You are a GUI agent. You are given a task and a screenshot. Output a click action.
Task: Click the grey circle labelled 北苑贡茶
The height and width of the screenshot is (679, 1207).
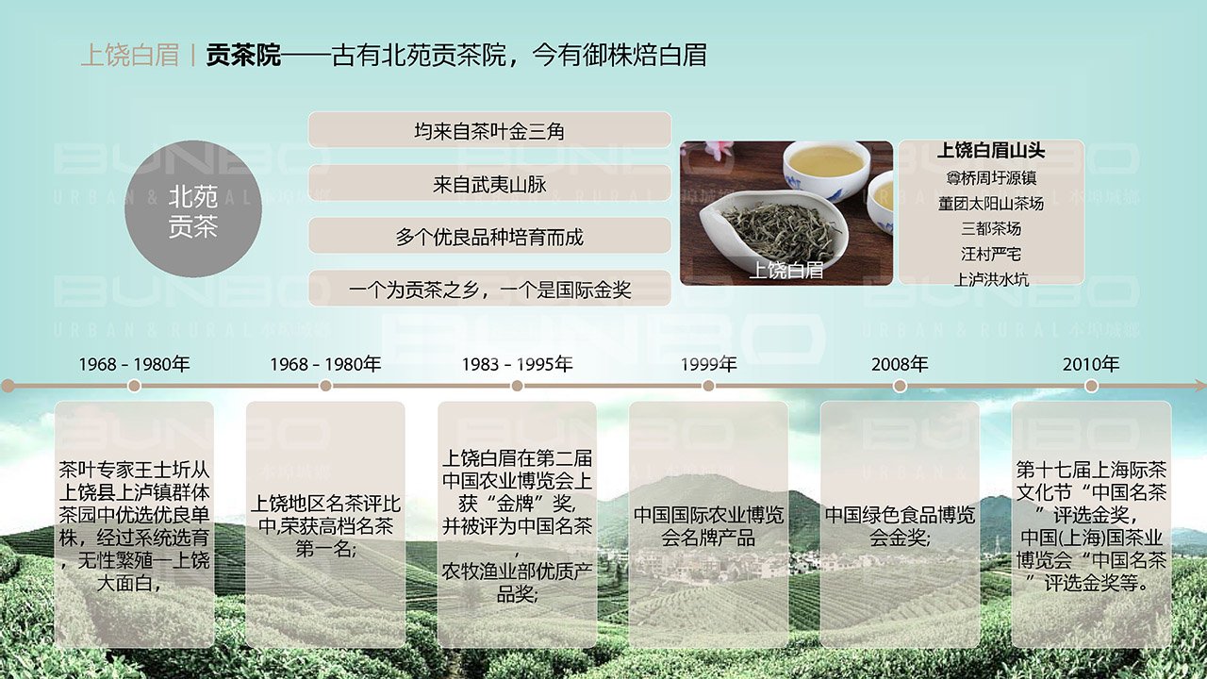[192, 210]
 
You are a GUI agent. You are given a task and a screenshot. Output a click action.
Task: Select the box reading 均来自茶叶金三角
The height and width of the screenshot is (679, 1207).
[489, 130]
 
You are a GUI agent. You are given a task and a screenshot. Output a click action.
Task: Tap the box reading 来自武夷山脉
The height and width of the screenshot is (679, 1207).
[489, 184]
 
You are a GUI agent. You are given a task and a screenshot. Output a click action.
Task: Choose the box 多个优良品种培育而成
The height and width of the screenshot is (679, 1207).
[489, 237]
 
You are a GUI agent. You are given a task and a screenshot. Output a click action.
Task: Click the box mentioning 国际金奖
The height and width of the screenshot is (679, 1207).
[489, 290]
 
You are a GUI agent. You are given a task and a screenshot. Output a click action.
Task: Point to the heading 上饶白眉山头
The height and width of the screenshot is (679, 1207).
[990, 151]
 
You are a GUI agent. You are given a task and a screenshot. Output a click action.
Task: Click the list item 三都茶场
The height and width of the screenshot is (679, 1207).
[990, 228]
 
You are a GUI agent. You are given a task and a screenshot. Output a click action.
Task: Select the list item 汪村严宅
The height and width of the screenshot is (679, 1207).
[990, 254]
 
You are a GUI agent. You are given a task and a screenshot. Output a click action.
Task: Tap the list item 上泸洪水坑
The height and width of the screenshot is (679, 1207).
[990, 279]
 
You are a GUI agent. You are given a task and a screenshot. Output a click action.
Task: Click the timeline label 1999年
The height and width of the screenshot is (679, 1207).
[708, 364]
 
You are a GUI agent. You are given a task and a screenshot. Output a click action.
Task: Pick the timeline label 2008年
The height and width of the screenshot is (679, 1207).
[900, 364]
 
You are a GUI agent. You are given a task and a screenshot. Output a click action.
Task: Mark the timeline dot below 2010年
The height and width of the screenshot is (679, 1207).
[1091, 386]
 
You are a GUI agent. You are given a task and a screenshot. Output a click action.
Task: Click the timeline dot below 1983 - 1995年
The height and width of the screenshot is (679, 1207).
[517, 386]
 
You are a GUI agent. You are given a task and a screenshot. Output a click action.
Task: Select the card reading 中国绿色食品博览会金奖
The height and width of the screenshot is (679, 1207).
[900, 524]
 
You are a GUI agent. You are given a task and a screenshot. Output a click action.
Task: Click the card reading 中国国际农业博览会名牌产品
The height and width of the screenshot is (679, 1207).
[708, 524]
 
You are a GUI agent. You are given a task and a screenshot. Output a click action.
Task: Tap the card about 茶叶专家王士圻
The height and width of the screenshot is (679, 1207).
[134, 524]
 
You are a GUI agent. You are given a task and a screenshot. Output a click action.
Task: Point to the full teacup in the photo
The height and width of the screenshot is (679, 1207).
[825, 165]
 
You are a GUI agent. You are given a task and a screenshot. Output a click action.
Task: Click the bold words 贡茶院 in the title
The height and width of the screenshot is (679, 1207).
[243, 56]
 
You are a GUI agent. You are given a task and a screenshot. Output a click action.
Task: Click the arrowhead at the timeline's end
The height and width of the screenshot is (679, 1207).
[1199, 386]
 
